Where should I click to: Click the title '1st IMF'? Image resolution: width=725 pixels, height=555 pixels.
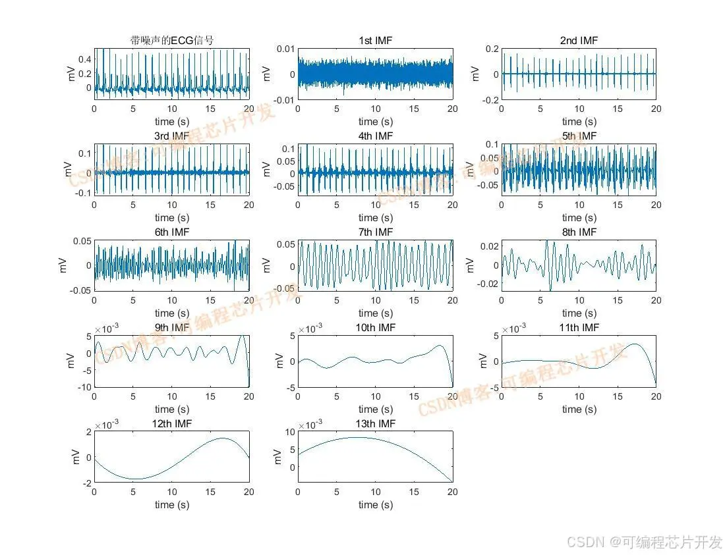click(x=375, y=41)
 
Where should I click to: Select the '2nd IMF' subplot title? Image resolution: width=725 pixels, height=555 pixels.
click(x=579, y=41)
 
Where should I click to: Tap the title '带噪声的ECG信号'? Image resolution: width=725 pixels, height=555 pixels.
click(x=171, y=41)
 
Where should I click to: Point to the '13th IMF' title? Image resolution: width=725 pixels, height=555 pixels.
click(x=375, y=423)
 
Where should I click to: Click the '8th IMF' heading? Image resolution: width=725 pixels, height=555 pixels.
click(x=579, y=232)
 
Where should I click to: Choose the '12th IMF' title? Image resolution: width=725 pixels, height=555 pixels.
click(x=171, y=423)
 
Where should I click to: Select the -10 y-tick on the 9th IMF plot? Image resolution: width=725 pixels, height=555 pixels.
click(x=84, y=387)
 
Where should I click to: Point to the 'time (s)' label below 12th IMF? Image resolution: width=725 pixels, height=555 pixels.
click(x=171, y=505)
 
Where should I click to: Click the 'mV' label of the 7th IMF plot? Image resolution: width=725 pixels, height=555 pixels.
click(x=267, y=265)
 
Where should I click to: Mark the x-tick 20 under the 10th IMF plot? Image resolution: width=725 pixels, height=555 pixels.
click(x=452, y=397)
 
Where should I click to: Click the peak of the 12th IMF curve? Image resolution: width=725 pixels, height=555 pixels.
click(x=223, y=438)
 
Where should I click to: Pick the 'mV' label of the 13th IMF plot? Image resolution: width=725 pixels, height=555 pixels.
click(x=267, y=457)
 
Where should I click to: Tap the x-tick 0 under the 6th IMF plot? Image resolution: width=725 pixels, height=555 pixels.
click(x=94, y=301)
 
